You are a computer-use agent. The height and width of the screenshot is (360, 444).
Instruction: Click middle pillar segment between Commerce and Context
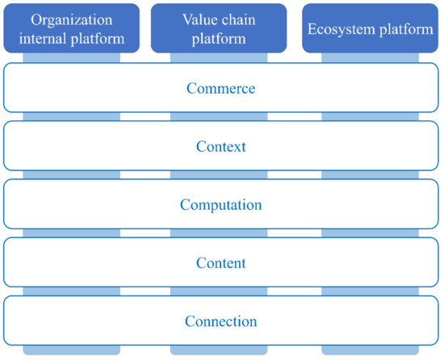coord(220,117)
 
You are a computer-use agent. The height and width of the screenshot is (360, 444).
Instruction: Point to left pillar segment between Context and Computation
coord(72,176)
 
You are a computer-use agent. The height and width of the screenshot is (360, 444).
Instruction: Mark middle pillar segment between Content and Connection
coord(220,292)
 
